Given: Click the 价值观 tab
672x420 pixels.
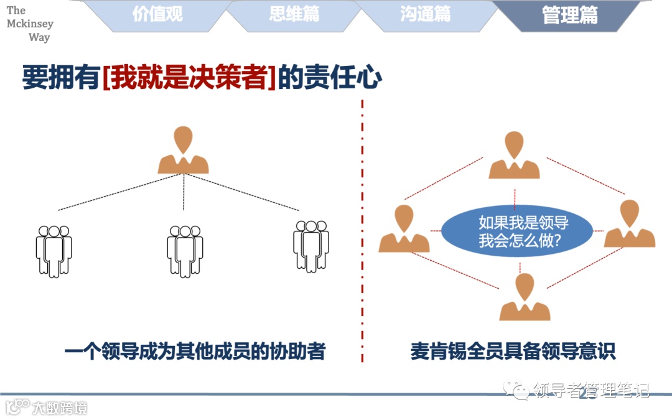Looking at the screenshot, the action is (x=157, y=14).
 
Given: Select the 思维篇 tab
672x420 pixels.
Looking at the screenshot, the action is (x=294, y=14).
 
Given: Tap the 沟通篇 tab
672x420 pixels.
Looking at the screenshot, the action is (x=425, y=14).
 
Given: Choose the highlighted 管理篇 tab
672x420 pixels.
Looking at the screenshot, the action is (x=569, y=15).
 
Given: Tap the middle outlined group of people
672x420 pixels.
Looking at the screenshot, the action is (x=184, y=250).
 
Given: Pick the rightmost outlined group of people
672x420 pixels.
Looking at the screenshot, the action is (x=311, y=246).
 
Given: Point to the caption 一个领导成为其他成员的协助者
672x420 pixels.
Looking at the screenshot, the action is (x=195, y=352).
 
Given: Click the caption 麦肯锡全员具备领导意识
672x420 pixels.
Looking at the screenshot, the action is (x=513, y=352).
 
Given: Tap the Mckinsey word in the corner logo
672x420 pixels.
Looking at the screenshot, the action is (x=30, y=24).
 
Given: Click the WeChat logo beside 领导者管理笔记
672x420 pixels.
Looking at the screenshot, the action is (x=518, y=390).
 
